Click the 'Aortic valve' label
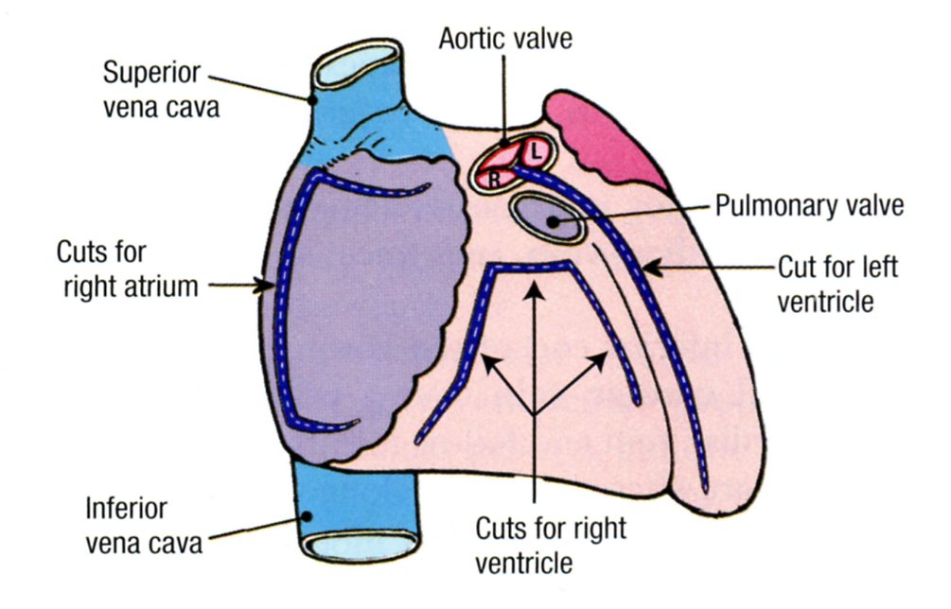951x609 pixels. [505, 40]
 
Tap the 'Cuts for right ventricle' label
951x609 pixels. [537, 546]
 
